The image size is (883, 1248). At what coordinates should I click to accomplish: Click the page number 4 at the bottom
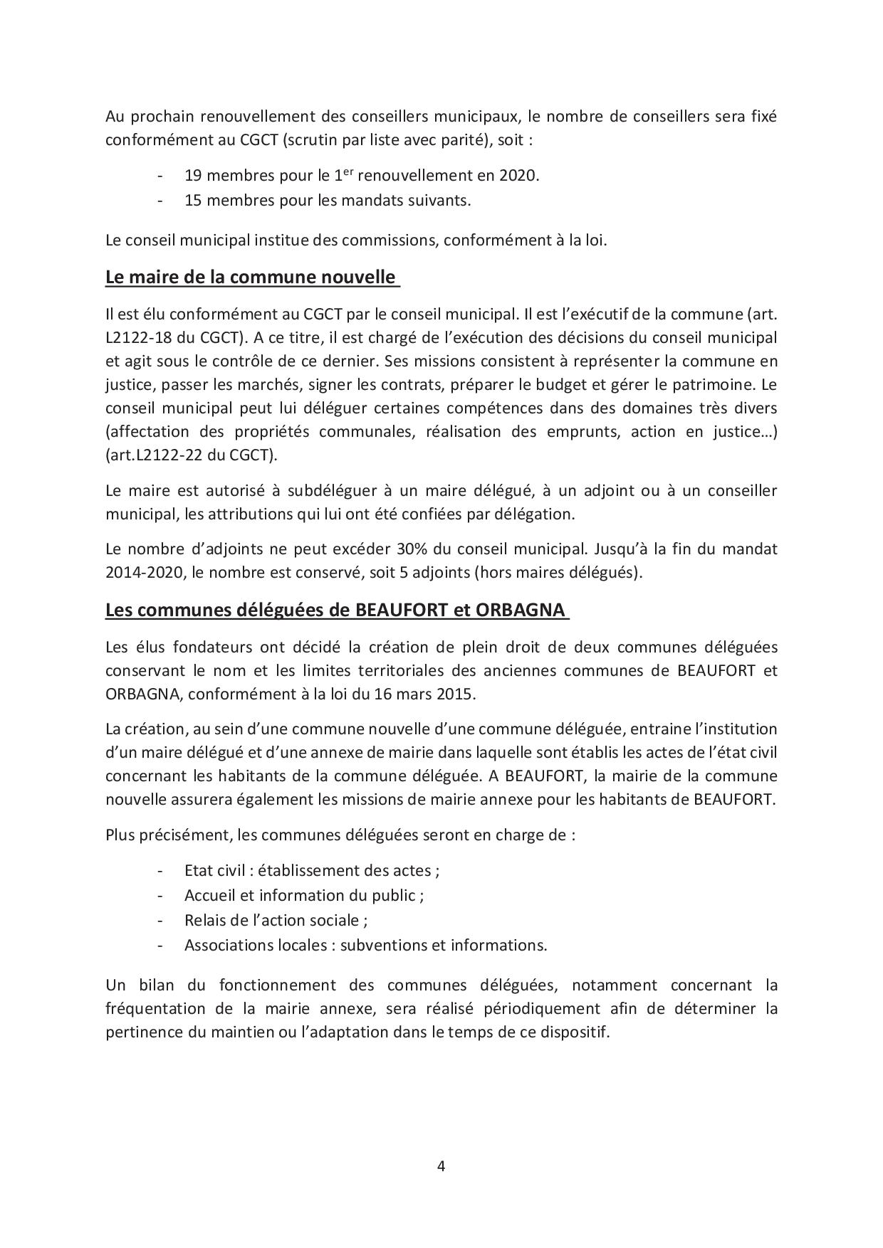coord(441,1165)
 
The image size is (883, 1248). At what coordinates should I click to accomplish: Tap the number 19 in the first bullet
coord(192,175)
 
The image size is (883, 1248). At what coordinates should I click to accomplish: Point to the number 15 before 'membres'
coord(192,200)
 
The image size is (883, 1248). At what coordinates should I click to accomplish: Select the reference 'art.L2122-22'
coord(152,455)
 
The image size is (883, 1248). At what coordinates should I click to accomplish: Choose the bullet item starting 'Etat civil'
coord(311,870)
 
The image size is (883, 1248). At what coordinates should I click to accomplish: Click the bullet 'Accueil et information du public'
coord(304,895)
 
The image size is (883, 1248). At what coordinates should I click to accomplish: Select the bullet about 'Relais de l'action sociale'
coord(276,920)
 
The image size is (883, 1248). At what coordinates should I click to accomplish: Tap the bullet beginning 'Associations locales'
coord(365,945)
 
